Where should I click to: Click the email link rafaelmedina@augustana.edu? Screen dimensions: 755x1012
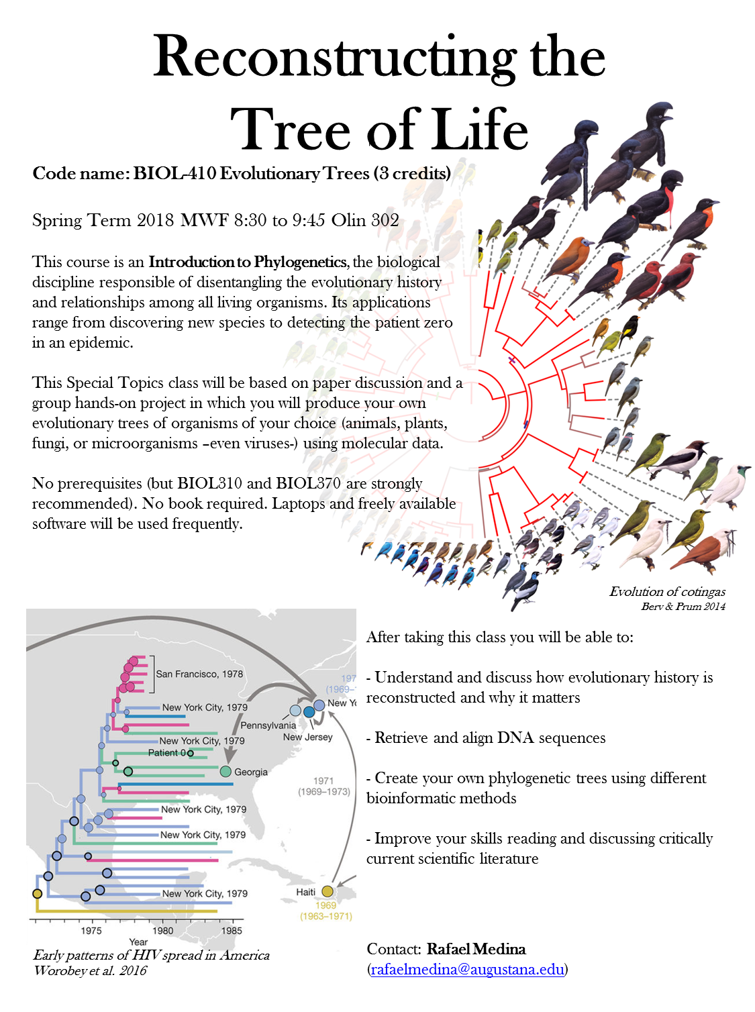(467, 968)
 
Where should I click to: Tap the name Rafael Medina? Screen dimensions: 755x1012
(476, 948)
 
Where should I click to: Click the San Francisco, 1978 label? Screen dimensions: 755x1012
(199, 674)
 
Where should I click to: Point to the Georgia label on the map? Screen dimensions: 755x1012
(251, 772)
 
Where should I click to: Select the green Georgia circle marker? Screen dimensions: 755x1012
(225, 771)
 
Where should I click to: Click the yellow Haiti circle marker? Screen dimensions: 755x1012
(327, 891)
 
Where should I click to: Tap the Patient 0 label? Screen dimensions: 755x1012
(167, 752)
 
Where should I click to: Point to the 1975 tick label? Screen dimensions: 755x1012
(91, 930)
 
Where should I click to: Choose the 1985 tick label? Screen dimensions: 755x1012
(232, 930)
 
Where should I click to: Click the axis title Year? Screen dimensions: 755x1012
(138, 942)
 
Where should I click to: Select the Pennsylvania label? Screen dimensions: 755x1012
(268, 725)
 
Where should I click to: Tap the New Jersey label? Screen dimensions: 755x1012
(307, 737)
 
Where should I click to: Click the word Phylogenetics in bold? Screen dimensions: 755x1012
(300, 262)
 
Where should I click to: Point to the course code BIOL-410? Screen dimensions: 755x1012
(174, 173)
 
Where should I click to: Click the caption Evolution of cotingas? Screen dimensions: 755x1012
(667, 591)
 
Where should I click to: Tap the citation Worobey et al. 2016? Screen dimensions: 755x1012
(91, 970)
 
